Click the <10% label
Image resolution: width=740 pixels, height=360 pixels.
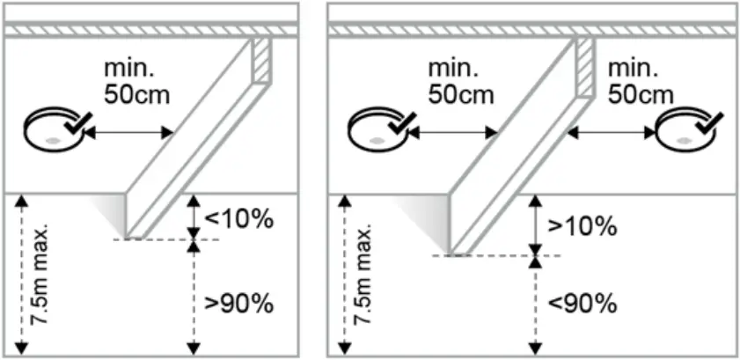pyautogui.click(x=238, y=218)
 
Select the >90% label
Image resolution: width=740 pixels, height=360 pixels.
pyautogui.click(x=238, y=305)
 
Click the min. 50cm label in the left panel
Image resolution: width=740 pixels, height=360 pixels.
pyautogui.click(x=132, y=81)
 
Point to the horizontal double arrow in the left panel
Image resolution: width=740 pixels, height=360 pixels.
pyautogui.click(x=130, y=132)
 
